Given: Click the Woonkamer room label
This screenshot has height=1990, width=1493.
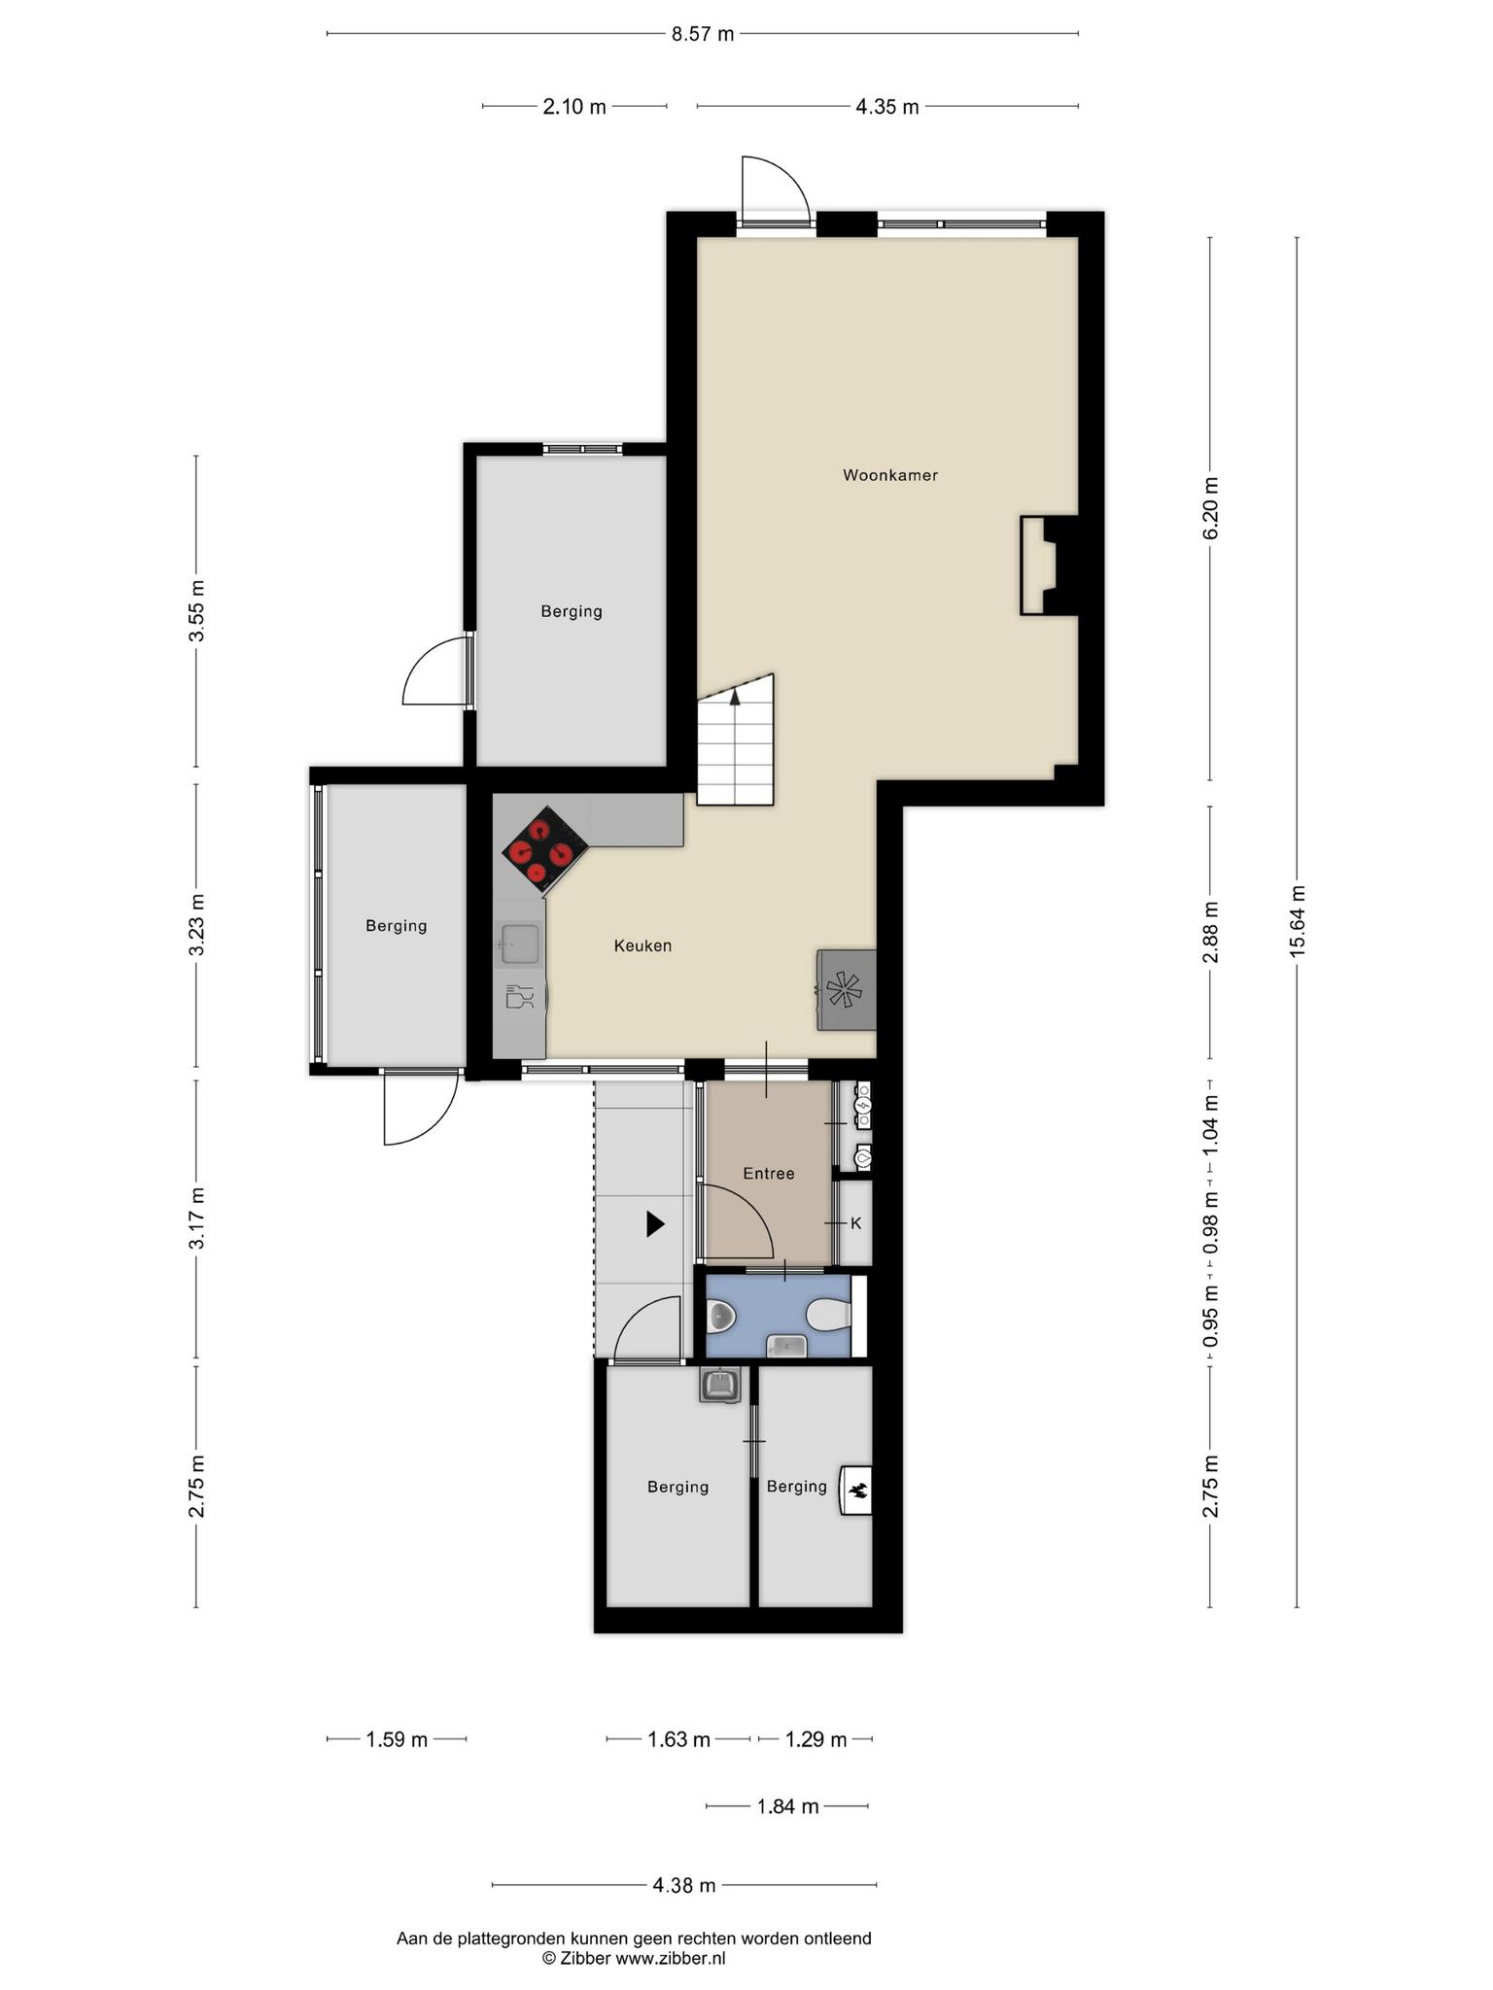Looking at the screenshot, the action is (889, 475).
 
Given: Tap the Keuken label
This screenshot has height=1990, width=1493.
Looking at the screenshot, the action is (642, 945).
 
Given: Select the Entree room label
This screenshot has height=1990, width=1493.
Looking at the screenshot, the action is (769, 1174).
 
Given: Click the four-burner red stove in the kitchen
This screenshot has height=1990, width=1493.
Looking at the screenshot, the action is (545, 849).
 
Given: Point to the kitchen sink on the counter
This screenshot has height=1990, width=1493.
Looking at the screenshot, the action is (520, 944).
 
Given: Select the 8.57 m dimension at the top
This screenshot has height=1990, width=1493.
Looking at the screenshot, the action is (703, 34).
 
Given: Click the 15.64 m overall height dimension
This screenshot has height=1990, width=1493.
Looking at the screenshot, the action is (1297, 921).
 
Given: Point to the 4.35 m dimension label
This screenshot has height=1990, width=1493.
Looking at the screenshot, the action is (886, 107).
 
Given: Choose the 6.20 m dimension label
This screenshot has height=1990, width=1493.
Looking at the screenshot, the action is (1210, 509).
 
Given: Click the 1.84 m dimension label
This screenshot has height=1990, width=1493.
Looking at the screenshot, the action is (787, 1806).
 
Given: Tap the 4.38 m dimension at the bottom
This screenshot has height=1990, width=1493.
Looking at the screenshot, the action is (684, 1885).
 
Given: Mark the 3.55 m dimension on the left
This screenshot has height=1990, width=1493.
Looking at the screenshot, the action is (196, 610).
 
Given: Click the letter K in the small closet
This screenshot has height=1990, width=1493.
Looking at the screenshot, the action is (856, 1223).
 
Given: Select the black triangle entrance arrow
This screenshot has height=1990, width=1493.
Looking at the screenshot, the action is (655, 1224).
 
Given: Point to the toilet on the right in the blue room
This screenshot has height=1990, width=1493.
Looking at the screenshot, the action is (828, 1316).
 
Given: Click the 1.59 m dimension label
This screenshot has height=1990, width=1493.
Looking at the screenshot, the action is (397, 1739).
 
